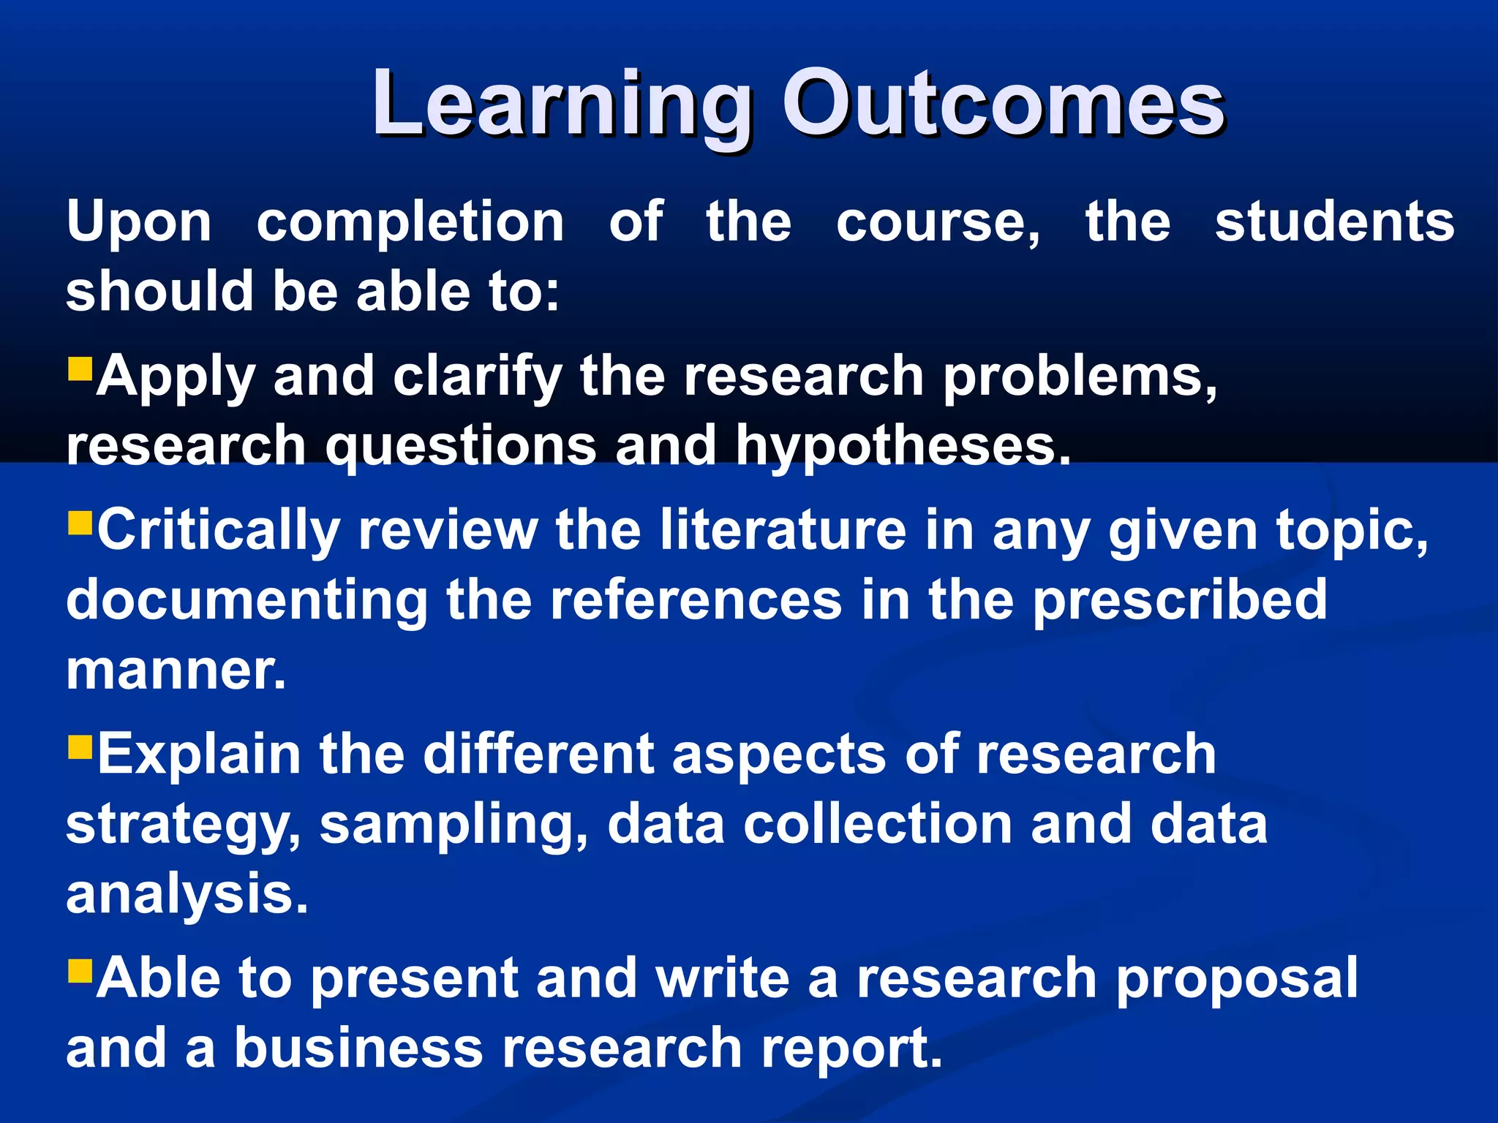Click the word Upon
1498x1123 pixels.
coord(139,224)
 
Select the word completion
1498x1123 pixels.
coord(410,222)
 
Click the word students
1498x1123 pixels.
coord(1334,222)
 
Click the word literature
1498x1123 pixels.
coord(783,529)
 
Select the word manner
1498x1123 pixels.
coord(176,671)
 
